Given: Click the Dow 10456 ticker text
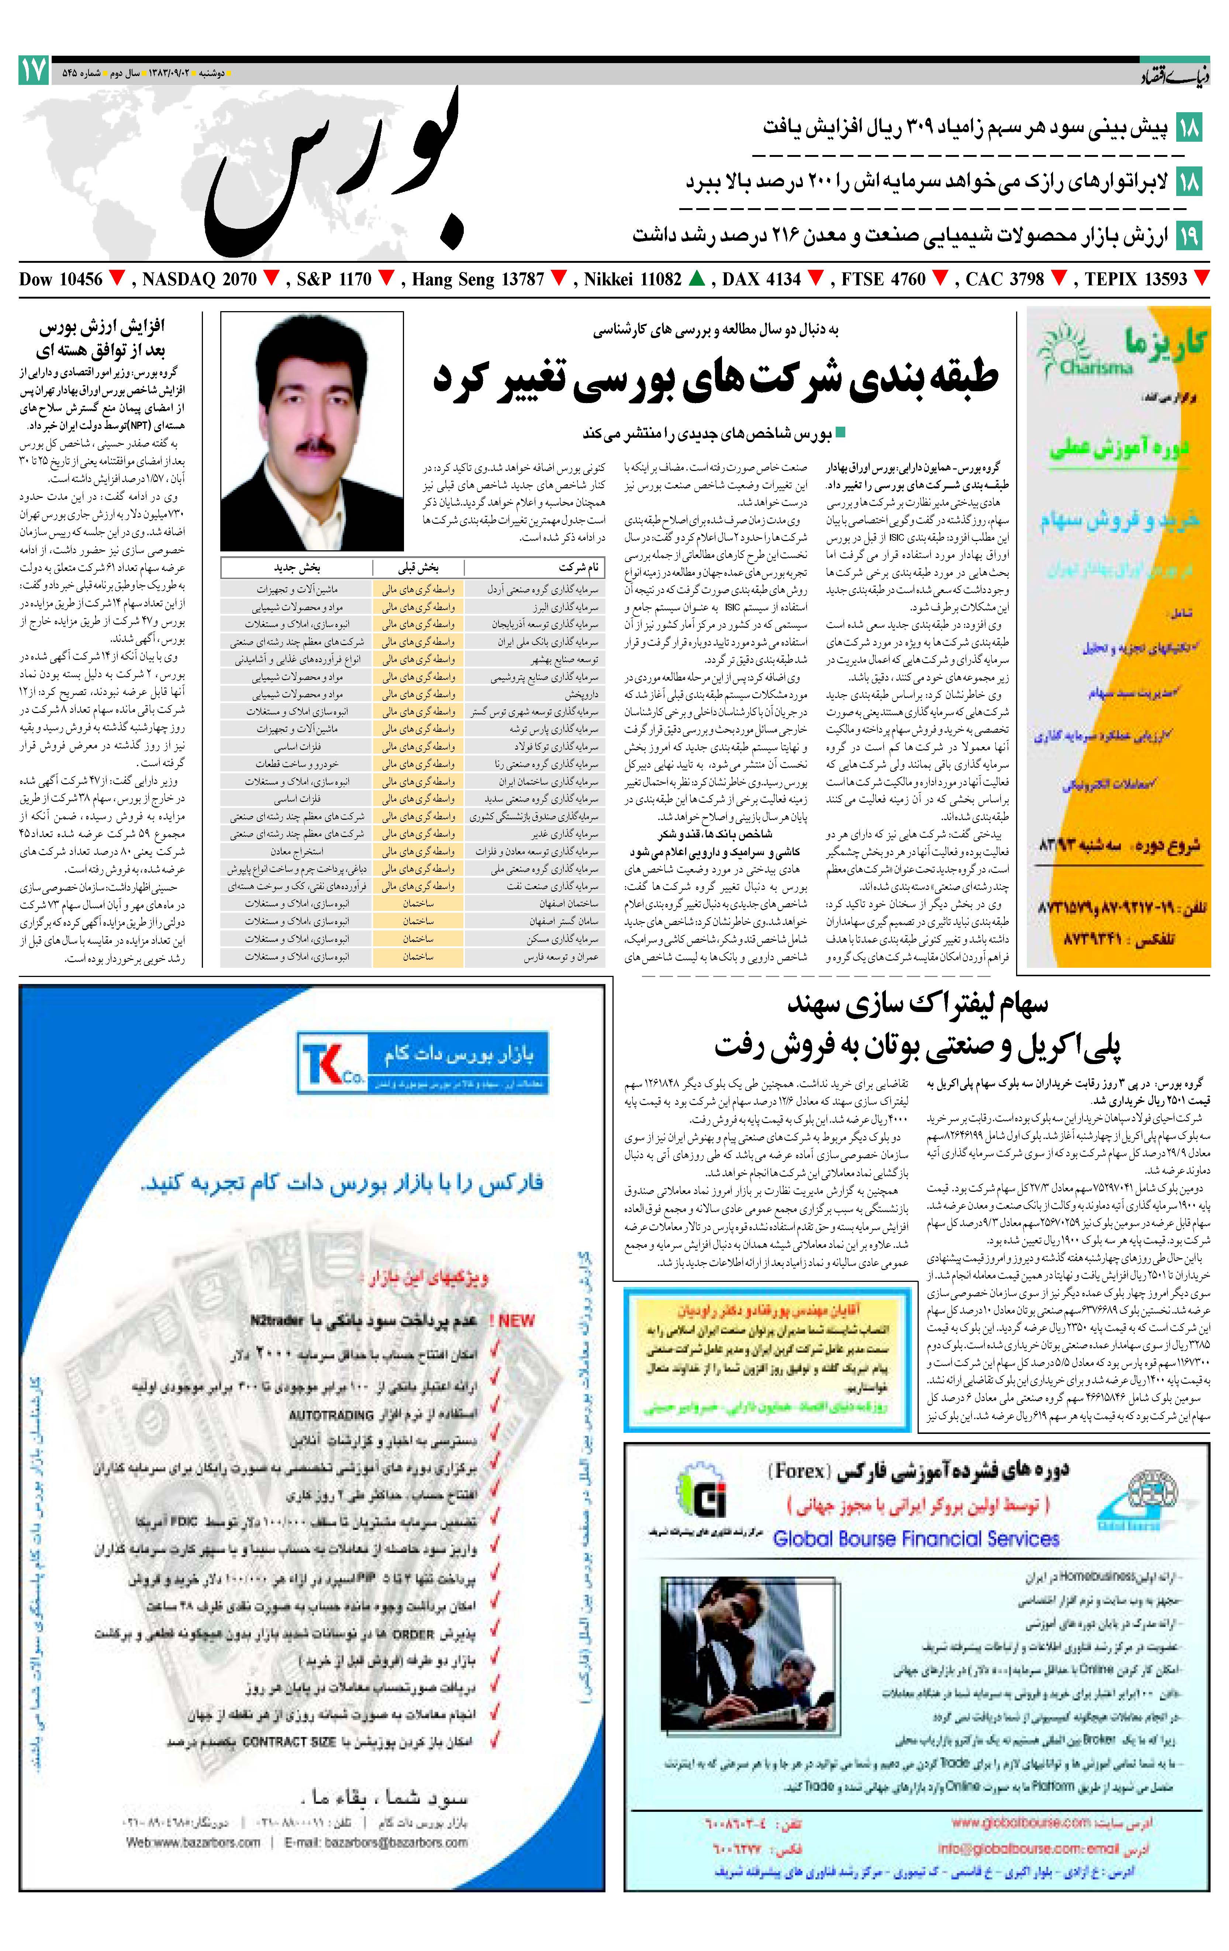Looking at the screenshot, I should point(61,279).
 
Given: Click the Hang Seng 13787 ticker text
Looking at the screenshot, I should point(478,279).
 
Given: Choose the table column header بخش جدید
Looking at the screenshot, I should point(297,568).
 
